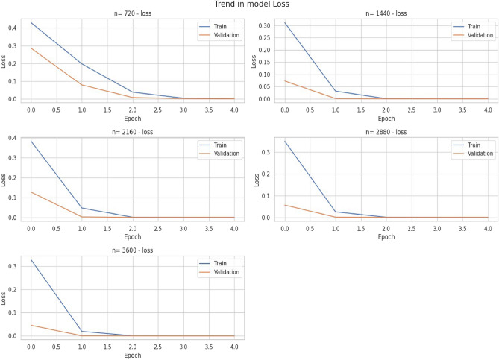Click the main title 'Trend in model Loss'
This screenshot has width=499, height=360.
point(249,5)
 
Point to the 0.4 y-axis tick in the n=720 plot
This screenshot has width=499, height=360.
point(14,28)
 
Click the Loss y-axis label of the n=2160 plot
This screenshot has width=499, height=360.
point(5,179)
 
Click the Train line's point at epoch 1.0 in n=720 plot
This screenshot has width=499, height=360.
point(82,64)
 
